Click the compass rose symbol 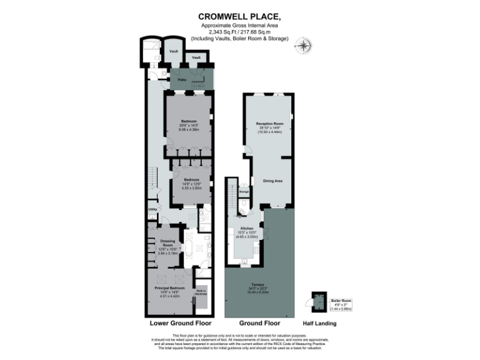pos(305,46)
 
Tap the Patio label pos(182,80)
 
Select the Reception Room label pos(270,124)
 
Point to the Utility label pos(152,209)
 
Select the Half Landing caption pos(319,324)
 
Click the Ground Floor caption pos(259,324)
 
